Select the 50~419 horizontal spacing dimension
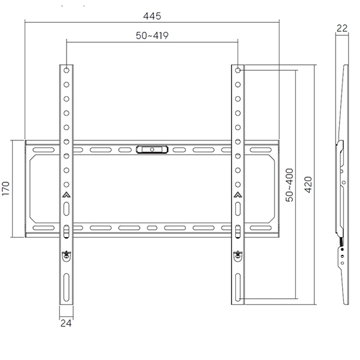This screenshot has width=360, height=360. pos(152,35)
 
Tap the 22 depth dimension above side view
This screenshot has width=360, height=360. pos(343,28)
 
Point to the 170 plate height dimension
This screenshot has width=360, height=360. pos(5,189)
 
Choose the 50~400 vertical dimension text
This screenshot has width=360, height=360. pos(289,184)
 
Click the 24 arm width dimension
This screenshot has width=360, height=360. pos(66,323)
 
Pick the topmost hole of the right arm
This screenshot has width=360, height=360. pos(238,70)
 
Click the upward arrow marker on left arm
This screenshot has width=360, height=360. pos(66,194)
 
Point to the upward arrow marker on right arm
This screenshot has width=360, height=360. pos(238,194)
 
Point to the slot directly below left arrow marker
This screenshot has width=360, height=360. pos(66,208)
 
